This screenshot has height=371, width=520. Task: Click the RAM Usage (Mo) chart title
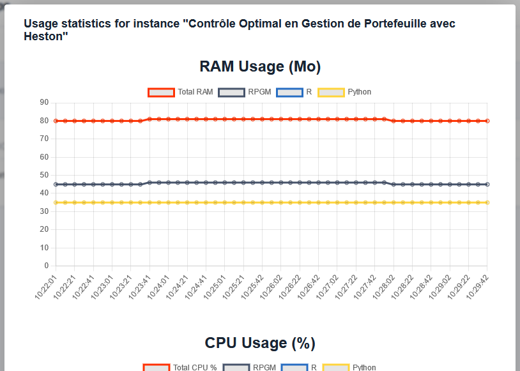pyautogui.click(x=260, y=66)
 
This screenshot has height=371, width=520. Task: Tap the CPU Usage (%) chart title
pyautogui.click(x=260, y=343)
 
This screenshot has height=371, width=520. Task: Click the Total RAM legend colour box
pyautogui.click(x=162, y=92)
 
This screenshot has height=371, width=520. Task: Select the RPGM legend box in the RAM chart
pyautogui.click(x=232, y=92)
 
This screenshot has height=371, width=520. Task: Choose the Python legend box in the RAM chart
pyautogui.click(x=332, y=92)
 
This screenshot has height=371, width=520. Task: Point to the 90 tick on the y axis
pyautogui.click(x=44, y=102)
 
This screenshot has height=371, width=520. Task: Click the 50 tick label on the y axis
pyautogui.click(x=44, y=175)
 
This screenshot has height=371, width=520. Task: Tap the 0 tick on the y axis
pyautogui.click(x=46, y=266)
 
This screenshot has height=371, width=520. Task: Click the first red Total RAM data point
pyautogui.click(x=56, y=121)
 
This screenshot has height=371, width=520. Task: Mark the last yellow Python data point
pyautogui.click(x=487, y=202)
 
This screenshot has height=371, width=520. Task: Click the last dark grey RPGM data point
pyautogui.click(x=487, y=185)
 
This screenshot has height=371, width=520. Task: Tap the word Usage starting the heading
pyautogui.click(x=40, y=24)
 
